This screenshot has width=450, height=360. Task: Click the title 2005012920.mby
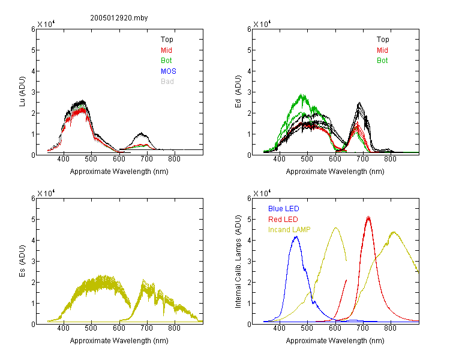[x=119, y=18]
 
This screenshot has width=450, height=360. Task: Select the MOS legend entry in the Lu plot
[x=169, y=71]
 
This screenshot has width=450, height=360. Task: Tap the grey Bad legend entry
[x=167, y=82]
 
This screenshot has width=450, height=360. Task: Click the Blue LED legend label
[x=284, y=209]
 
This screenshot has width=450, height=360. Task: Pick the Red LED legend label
[x=283, y=220]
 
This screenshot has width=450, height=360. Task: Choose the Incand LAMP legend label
[x=289, y=230]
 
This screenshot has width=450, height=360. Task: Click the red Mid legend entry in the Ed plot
[x=382, y=50]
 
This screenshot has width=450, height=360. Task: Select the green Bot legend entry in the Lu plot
[x=166, y=61]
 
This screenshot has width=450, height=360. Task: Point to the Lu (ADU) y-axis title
[x=22, y=91]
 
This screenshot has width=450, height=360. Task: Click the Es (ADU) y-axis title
[x=22, y=260]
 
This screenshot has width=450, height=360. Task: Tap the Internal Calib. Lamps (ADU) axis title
[x=238, y=262]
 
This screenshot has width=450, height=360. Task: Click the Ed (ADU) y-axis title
[x=238, y=91]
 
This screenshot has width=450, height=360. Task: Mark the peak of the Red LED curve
[x=368, y=217]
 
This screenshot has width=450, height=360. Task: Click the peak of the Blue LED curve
[x=296, y=236]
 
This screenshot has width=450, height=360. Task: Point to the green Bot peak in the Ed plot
[x=302, y=94]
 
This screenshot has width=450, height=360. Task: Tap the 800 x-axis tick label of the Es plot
[x=174, y=328]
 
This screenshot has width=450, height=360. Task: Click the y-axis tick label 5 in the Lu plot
[x=33, y=50]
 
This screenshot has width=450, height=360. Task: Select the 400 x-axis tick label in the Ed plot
[x=279, y=159]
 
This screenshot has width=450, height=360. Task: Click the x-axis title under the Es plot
[x=119, y=341]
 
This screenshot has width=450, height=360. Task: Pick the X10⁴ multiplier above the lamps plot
[x=262, y=193]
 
